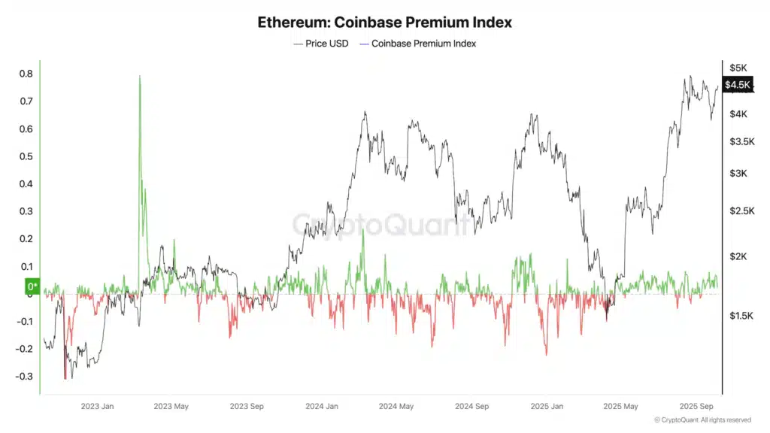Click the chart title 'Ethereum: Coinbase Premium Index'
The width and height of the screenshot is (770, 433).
384,22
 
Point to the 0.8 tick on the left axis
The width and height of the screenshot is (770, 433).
26,74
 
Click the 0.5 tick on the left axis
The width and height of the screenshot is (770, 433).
26,156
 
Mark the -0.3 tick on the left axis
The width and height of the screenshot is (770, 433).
24,377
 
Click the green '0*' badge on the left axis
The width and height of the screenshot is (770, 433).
32,286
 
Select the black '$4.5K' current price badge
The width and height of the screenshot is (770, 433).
737,85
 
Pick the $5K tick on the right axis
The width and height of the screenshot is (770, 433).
738,68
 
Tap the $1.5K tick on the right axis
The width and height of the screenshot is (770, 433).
741,316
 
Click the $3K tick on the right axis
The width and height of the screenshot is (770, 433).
738,174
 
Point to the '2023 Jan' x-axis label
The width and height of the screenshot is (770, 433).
97,406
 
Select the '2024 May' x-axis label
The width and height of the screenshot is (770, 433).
396,406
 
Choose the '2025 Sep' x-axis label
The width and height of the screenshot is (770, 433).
696,406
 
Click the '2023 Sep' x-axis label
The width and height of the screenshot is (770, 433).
247,406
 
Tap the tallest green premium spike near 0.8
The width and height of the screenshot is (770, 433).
140,77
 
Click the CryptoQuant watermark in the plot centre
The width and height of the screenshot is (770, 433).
382,224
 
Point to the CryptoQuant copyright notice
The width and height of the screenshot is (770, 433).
702,420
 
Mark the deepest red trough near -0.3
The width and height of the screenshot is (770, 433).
65,377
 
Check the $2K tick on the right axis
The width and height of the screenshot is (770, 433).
738,256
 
